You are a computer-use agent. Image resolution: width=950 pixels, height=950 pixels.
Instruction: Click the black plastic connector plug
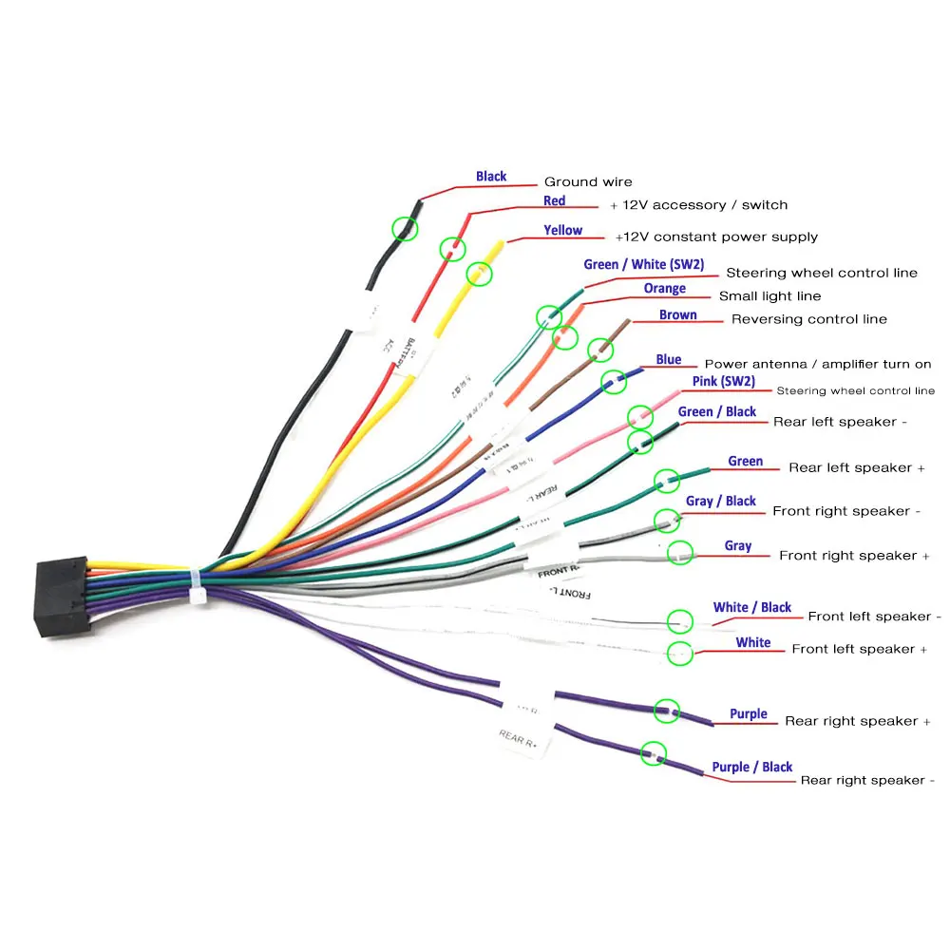pyautogui.click(x=62, y=596)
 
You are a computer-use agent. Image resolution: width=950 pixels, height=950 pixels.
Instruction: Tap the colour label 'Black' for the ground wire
pyautogui.click(x=491, y=177)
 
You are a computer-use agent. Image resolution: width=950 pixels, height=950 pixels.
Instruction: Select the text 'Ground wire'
pyautogui.click(x=587, y=182)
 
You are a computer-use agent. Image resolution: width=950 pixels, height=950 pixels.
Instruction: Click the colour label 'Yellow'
pyautogui.click(x=562, y=230)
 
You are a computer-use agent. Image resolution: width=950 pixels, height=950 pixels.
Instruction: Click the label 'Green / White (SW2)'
pyautogui.click(x=643, y=264)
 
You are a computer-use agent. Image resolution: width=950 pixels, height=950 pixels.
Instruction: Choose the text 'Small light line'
pyautogui.click(x=769, y=296)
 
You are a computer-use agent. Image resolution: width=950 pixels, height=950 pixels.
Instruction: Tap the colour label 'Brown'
pyautogui.click(x=677, y=315)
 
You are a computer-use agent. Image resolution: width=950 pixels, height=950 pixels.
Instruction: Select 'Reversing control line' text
pyautogui.click(x=808, y=319)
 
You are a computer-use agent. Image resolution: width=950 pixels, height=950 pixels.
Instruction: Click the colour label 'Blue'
pyautogui.click(x=668, y=360)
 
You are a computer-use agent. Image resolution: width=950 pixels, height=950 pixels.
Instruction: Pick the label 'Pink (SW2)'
pyautogui.click(x=723, y=381)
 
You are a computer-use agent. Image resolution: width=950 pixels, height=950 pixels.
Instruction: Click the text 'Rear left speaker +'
pyautogui.click(x=856, y=467)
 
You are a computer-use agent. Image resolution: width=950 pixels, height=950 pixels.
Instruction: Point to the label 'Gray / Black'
pyautogui.click(x=720, y=501)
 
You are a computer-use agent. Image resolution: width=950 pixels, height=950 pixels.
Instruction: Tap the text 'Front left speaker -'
pyautogui.click(x=874, y=617)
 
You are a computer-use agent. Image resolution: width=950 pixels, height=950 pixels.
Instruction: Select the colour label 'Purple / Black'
pyautogui.click(x=751, y=767)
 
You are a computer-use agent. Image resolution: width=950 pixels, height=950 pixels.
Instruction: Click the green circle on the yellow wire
pyautogui.click(x=480, y=274)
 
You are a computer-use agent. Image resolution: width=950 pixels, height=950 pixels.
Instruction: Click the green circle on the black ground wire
pyautogui.click(x=406, y=228)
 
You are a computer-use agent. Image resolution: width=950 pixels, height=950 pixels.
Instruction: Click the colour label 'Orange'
pyautogui.click(x=664, y=289)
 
